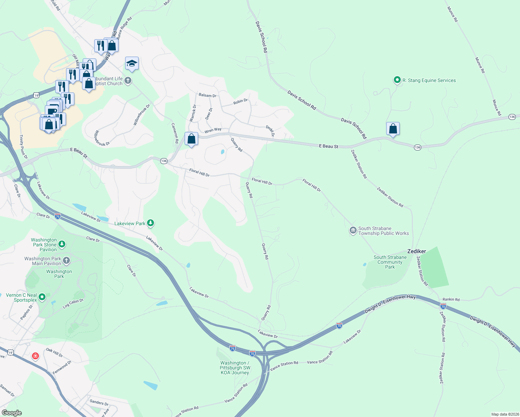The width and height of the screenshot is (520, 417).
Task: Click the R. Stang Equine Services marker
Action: (x=397, y=80)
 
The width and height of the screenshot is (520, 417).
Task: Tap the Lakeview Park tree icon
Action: (x=151, y=223)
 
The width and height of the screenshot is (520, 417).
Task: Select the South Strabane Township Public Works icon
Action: (x=353, y=230)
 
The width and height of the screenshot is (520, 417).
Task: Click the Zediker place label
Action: (x=416, y=251)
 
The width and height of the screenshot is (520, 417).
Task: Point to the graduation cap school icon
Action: (x=132, y=63)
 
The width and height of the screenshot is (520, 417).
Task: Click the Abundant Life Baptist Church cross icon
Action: (x=128, y=81)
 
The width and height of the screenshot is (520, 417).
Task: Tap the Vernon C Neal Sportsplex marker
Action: (x=42, y=297)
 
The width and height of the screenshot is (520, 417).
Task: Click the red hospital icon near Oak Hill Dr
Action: (x=35, y=356)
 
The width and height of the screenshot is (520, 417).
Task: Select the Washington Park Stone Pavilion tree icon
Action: (x=62, y=244)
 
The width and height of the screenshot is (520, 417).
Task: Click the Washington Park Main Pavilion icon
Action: (x=66, y=261)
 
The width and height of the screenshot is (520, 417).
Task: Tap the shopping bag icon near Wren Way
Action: (x=191, y=139)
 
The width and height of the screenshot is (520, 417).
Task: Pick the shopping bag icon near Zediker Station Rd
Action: (x=393, y=129)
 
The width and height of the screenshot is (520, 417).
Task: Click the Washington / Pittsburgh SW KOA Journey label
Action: (x=235, y=368)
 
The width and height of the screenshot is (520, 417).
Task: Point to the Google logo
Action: (x=11, y=413)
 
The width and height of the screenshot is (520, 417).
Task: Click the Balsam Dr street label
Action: (x=208, y=95)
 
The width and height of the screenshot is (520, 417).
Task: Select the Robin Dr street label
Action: (x=241, y=101)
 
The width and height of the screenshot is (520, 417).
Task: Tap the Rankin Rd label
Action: (x=451, y=299)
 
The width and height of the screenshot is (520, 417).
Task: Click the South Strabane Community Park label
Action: (x=390, y=262)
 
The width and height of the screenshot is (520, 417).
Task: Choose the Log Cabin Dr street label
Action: (x=73, y=303)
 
